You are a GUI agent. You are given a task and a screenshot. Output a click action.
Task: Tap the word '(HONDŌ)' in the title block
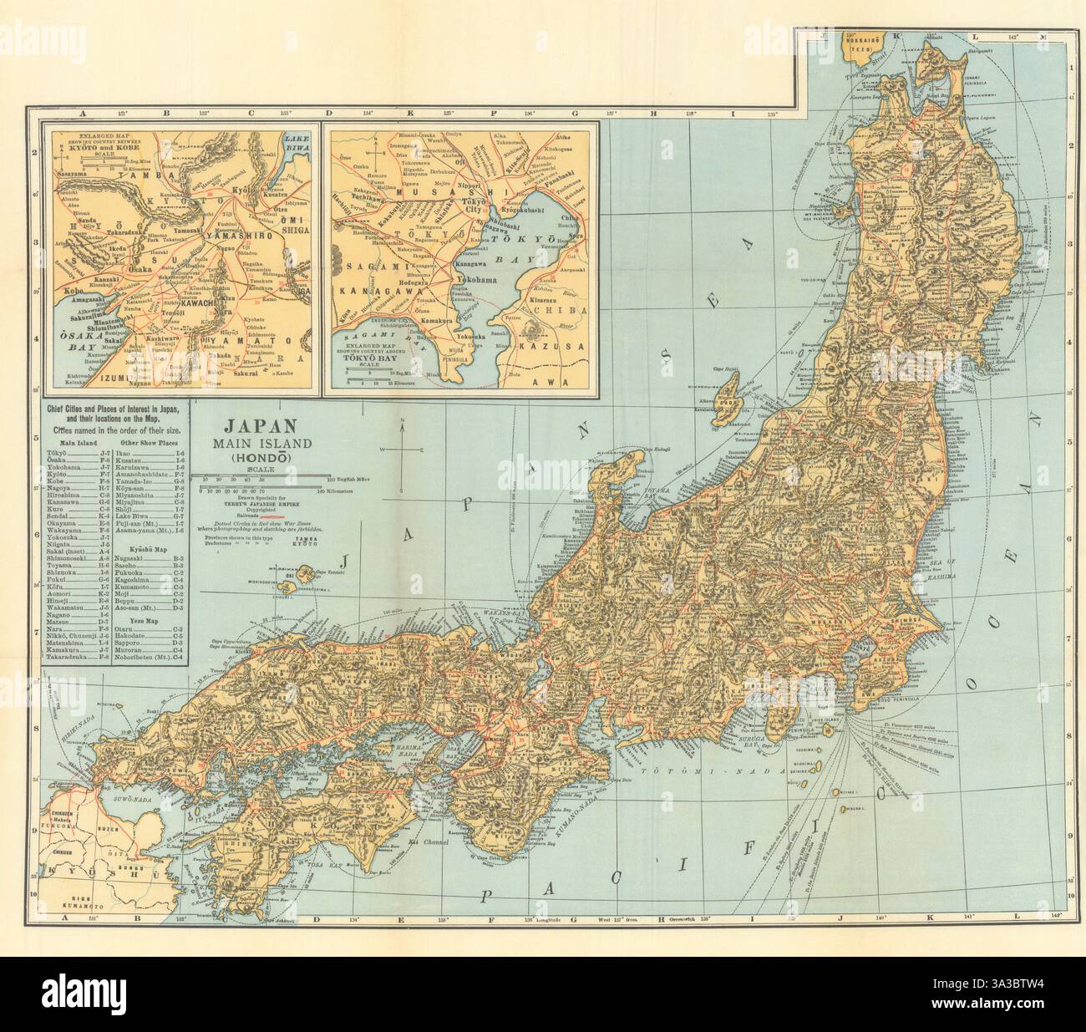[253, 457]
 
